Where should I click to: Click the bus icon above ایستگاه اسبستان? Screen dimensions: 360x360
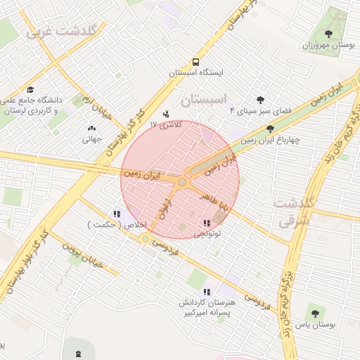click(196, 60)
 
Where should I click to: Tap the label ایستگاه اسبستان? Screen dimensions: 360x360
click(196, 72)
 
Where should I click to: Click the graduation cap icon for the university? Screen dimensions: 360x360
click(30, 89)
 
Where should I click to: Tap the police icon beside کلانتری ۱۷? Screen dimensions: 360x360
click(166, 113)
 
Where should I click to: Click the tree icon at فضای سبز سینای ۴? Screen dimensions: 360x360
click(261, 100)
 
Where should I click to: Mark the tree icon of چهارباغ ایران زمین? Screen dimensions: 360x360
click(271, 129)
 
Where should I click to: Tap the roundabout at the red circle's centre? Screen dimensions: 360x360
click(182, 182)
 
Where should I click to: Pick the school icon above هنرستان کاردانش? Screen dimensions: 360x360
click(206, 291)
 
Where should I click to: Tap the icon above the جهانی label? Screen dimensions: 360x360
click(91, 128)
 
